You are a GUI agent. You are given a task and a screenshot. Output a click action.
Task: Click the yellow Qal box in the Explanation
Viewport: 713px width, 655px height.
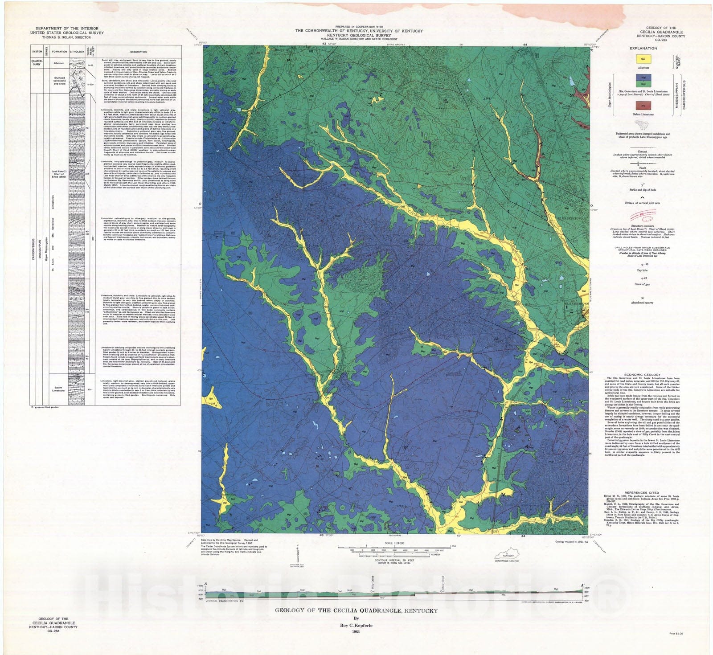pyautogui.click(x=643, y=59)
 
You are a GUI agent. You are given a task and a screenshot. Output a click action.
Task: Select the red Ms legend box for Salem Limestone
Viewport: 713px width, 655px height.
pyautogui.click(x=643, y=106)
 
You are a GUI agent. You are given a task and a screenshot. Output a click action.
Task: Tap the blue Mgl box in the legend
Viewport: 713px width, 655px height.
pyautogui.click(x=643, y=77)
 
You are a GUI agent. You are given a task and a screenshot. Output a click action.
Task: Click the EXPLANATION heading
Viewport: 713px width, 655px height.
pyautogui.click(x=643, y=48)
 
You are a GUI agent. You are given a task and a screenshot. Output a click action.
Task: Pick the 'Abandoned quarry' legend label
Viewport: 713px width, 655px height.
pyautogui.click(x=642, y=303)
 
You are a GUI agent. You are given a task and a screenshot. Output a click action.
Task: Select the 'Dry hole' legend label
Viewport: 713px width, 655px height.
pyautogui.click(x=642, y=270)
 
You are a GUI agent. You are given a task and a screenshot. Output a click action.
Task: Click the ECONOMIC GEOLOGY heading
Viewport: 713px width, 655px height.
pyautogui.click(x=642, y=375)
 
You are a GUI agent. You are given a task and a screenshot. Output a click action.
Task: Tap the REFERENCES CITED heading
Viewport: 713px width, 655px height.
pyautogui.click(x=642, y=493)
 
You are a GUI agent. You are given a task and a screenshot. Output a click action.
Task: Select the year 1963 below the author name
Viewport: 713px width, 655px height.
pyautogui.click(x=355, y=632)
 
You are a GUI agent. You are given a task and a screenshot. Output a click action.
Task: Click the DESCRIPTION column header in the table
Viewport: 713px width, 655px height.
pyautogui.click(x=139, y=52)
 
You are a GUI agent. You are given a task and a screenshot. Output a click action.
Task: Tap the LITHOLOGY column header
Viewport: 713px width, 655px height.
pyautogui.click(x=77, y=52)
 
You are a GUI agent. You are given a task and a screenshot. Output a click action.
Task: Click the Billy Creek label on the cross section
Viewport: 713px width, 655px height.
pyautogui.click(x=372, y=582)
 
